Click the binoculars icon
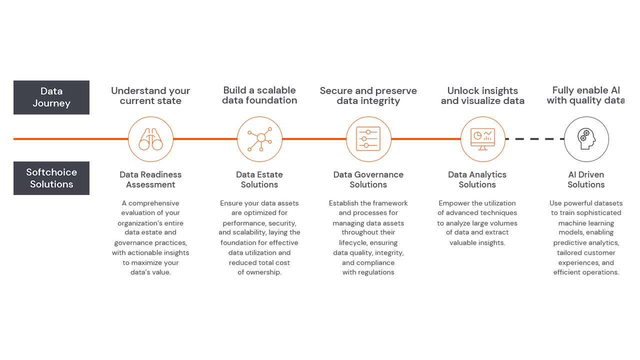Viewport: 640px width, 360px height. click(x=150, y=139)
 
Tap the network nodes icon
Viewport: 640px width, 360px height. click(x=259, y=139)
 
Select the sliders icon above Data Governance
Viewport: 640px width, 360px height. click(x=368, y=139)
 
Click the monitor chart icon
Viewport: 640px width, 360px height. click(x=482, y=139)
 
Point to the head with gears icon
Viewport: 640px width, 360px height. click(x=586, y=139)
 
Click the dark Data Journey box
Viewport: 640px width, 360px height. click(x=51, y=97)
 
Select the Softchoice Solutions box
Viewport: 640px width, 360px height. click(x=51, y=178)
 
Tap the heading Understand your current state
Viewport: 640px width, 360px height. click(x=150, y=95)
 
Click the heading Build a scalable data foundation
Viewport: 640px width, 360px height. click(x=259, y=95)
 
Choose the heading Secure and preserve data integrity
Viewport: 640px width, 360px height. click(x=368, y=95)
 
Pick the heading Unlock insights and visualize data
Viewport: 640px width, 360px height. click(x=482, y=95)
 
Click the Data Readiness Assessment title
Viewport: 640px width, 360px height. click(x=150, y=179)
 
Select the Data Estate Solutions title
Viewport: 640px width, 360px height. click(x=259, y=179)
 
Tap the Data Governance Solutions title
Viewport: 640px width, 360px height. click(x=368, y=179)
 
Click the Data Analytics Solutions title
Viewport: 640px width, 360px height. click(x=477, y=179)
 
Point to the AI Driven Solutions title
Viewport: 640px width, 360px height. click(x=586, y=179)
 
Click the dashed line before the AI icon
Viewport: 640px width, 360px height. click(x=534, y=139)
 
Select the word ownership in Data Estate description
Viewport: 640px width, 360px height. click(x=263, y=272)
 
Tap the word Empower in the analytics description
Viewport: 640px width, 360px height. click(x=453, y=203)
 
